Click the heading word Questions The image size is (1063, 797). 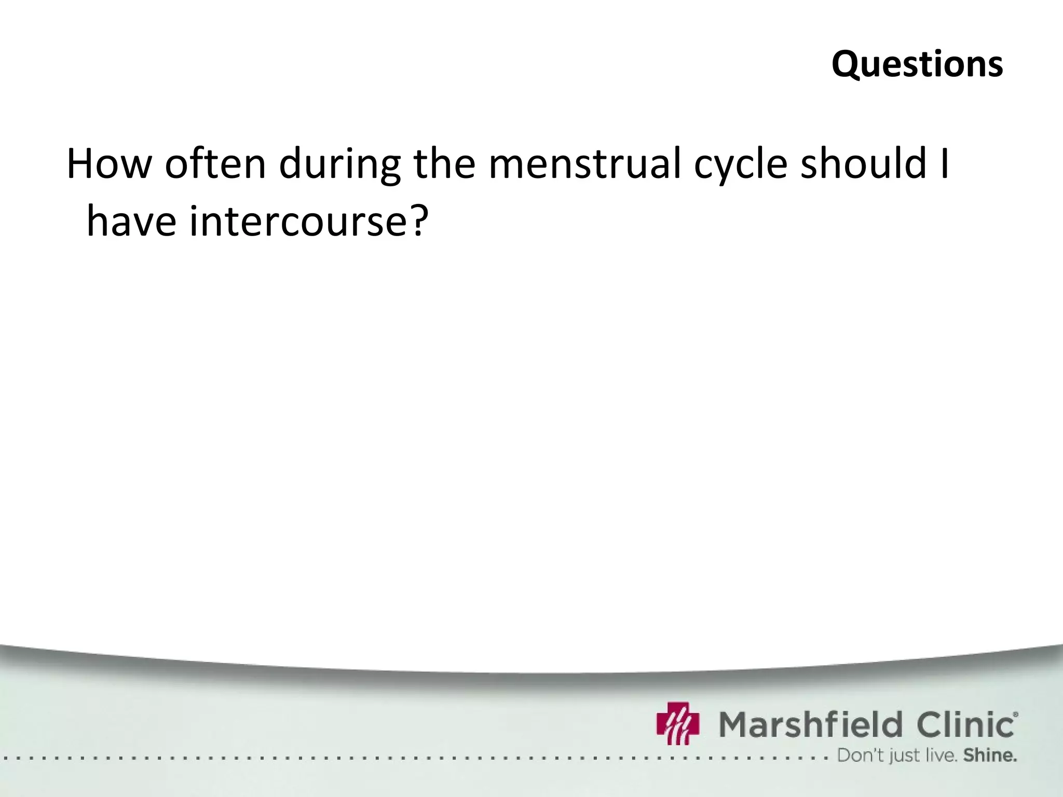click(x=917, y=65)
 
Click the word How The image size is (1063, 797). click(x=108, y=163)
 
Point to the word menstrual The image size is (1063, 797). click(x=584, y=163)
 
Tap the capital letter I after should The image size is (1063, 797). click(x=945, y=163)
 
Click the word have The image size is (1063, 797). click(x=131, y=221)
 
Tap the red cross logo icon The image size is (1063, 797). click(x=678, y=723)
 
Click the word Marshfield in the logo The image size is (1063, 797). click(x=810, y=724)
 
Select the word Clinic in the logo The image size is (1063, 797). click(x=966, y=724)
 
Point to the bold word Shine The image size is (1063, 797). click(x=989, y=755)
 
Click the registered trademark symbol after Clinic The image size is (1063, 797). click(x=1015, y=714)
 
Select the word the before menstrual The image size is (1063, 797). click(x=444, y=163)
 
